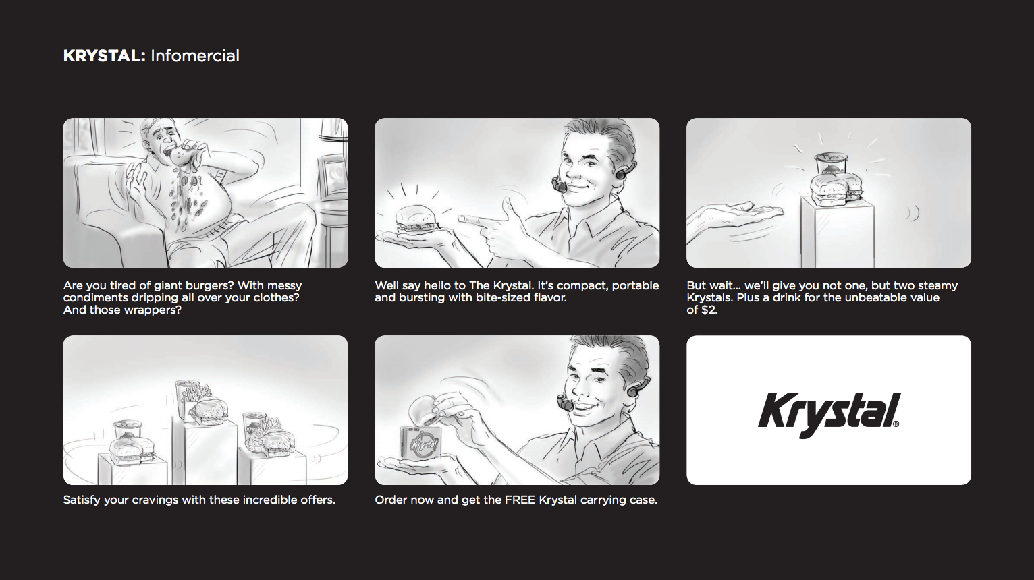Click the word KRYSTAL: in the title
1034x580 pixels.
105,56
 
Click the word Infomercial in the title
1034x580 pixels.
195,56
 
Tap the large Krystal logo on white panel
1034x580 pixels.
829,415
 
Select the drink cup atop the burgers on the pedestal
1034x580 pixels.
831,165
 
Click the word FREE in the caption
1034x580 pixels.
520,500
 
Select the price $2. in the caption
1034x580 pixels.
710,310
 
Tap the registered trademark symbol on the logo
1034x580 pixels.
896,424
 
